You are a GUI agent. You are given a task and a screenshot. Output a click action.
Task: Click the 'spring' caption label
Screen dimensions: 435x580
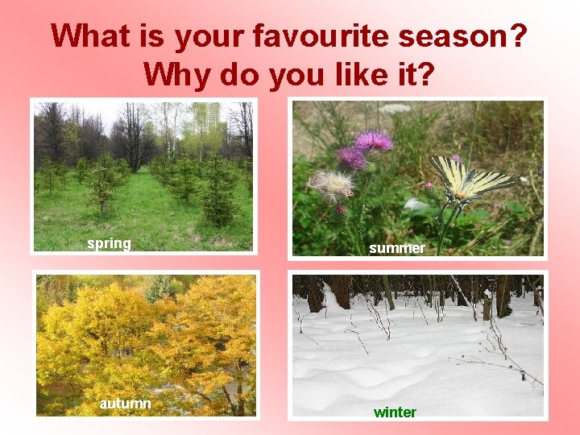(109, 243)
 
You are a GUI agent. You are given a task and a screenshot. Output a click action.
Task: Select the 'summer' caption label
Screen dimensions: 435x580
(396, 248)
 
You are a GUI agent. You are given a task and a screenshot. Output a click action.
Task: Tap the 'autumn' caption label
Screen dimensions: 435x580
(125, 403)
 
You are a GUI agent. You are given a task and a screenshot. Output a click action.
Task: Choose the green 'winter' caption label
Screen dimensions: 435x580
(395, 412)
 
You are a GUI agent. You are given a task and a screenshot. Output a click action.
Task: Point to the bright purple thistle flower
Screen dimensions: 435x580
(373, 142)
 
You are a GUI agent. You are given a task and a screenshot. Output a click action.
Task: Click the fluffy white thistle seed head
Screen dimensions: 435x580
(331, 184)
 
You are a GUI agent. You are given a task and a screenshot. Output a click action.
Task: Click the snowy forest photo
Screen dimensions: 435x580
(417, 346)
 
